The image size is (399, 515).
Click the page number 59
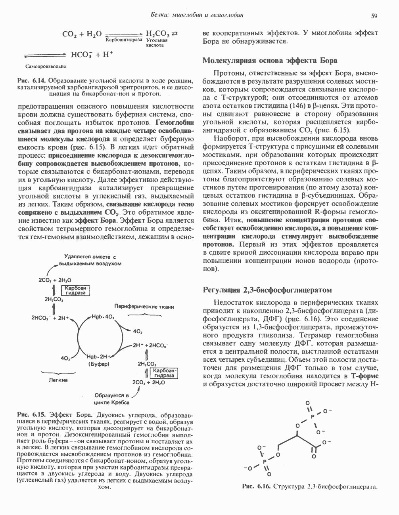(x=374, y=15)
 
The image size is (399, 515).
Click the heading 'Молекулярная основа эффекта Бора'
(x=270, y=61)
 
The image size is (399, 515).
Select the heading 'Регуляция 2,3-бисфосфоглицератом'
(x=267, y=290)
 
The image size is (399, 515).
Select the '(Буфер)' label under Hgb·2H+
(x=98, y=363)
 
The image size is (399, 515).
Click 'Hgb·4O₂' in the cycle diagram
(x=103, y=317)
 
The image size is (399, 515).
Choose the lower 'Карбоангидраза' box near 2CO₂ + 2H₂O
(x=163, y=372)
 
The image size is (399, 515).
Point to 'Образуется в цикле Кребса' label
(x=111, y=399)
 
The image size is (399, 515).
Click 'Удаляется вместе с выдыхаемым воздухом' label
(x=90, y=260)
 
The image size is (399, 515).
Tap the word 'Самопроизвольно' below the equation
(x=46, y=66)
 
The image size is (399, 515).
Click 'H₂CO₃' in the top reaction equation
(x=158, y=34)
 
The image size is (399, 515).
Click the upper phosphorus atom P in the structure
(x=312, y=416)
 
